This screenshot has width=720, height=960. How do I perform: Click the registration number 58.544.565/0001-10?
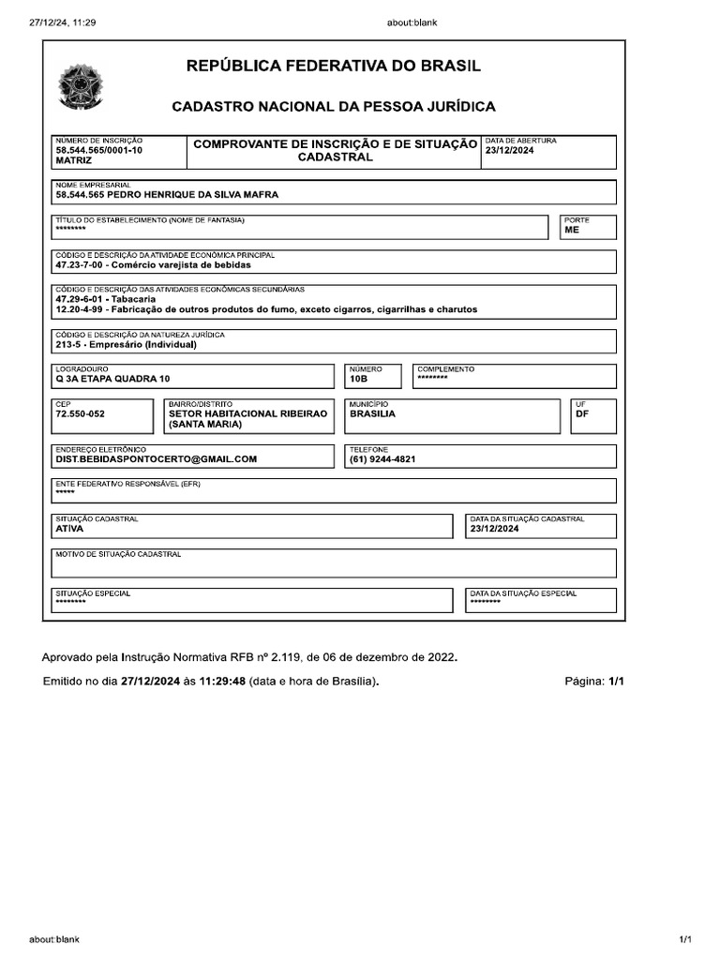tap(99, 150)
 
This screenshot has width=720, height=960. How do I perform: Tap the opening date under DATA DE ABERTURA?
tap(509, 150)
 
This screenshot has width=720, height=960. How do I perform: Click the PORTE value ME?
tap(572, 229)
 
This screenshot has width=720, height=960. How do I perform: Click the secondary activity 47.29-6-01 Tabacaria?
tap(105, 299)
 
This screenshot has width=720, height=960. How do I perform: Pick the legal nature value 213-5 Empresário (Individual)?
tap(126, 344)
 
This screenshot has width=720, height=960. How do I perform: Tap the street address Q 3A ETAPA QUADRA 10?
tap(113, 380)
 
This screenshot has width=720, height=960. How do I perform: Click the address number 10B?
tap(359, 380)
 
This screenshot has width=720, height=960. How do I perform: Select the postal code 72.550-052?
tap(81, 413)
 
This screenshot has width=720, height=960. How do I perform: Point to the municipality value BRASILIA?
tap(372, 413)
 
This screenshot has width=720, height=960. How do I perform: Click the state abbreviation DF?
tap(582, 413)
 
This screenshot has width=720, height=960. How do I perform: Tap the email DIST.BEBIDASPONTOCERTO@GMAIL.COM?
tap(156, 459)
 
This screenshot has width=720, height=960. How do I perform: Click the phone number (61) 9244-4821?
tap(382, 459)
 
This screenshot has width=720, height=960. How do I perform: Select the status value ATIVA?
tap(69, 529)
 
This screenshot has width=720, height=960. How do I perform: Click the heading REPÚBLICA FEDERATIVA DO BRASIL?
tap(334, 67)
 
